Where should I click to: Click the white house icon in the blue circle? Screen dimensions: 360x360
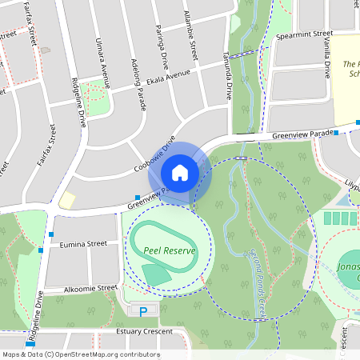180,172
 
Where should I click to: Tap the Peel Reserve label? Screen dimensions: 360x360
169,250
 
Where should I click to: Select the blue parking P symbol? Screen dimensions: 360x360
144,311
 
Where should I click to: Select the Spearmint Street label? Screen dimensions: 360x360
304,35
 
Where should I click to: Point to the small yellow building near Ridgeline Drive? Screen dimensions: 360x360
67,199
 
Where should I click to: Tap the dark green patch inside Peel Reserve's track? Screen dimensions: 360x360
156,274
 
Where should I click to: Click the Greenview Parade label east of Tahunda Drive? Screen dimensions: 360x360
301,134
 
